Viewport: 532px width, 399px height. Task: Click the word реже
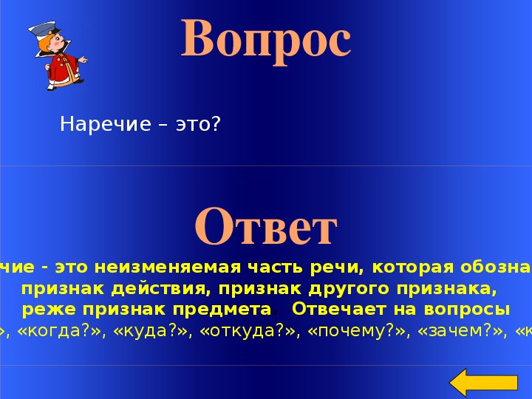[44, 308]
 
